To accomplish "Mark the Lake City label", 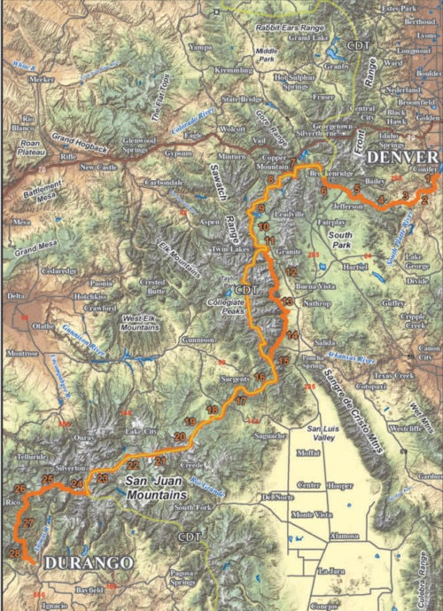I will (141, 431).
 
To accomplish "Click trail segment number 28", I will (15, 552).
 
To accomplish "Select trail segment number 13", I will (287, 304).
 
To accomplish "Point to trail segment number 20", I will (180, 436).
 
